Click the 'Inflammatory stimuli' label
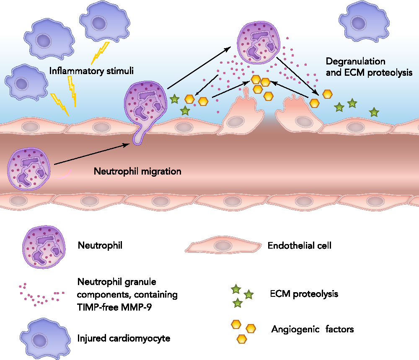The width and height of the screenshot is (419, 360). point(91,71)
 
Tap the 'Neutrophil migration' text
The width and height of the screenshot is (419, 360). point(137,171)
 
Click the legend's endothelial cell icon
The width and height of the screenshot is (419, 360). point(221,246)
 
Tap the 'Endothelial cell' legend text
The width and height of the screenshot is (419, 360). point(299,246)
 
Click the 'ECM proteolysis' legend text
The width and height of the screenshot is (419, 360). point(304,293)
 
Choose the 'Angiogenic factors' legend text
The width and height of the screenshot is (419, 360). point(313,329)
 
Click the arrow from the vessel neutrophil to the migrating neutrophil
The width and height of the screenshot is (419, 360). point(91,154)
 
